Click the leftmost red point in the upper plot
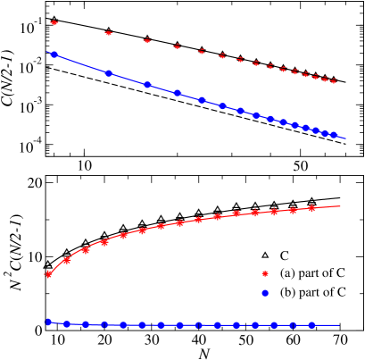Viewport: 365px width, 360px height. tap(54, 22)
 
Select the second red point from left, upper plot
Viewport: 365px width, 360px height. tap(109, 33)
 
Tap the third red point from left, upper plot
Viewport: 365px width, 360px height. tap(147, 40)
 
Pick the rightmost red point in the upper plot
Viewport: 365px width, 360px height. tap(334, 81)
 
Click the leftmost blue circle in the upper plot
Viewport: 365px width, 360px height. tap(54, 54)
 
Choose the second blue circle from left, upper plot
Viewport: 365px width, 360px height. tap(109, 73)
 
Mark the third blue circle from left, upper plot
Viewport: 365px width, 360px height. tap(147, 85)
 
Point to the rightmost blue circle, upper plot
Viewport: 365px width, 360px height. tap(334, 136)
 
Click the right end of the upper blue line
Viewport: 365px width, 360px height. tap(345, 138)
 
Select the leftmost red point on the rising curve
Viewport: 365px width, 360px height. tap(48, 274)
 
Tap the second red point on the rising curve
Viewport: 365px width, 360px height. tap(67, 260)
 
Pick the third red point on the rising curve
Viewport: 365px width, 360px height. tap(86, 251)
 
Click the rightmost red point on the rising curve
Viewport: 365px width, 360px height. tap(311, 208)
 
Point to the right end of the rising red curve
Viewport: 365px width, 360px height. tap(341, 205)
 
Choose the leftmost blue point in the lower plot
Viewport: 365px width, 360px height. tap(48, 322)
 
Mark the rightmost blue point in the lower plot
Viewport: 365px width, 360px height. tap(311, 325)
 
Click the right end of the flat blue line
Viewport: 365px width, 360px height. tap(340, 325)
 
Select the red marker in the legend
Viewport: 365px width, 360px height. tap(265, 273)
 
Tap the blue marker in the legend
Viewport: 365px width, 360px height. tap(265, 293)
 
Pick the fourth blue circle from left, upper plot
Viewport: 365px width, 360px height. tap(178, 93)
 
